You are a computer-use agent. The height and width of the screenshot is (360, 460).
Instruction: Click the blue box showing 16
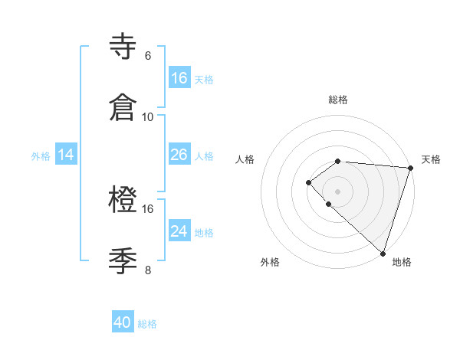point(179,78)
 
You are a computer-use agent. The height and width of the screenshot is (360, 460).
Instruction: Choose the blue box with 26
point(179,155)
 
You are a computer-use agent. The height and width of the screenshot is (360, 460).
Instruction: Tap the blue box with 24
point(179,231)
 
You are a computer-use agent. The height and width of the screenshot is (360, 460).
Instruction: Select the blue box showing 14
point(66,155)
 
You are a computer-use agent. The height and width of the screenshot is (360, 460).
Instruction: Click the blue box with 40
point(123,322)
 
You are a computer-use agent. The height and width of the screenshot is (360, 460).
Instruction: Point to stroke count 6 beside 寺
point(148,56)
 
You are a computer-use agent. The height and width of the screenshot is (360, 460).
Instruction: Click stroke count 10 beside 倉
point(148,117)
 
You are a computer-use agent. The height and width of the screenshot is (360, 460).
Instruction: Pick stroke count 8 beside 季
point(148,270)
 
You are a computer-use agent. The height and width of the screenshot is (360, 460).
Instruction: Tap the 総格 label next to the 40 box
point(147,324)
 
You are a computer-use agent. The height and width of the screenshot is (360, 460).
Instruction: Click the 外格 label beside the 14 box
point(40,156)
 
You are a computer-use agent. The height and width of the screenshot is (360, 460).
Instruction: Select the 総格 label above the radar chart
point(338,100)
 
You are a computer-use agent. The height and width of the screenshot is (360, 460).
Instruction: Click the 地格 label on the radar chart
point(402,262)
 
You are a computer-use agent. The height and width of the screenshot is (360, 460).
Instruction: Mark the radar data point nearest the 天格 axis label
point(411,168)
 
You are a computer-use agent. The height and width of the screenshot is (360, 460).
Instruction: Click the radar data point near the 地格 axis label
point(383,253)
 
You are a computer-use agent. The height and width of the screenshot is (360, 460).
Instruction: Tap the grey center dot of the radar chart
point(337,191)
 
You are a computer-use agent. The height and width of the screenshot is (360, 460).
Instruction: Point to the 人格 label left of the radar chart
point(245,159)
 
